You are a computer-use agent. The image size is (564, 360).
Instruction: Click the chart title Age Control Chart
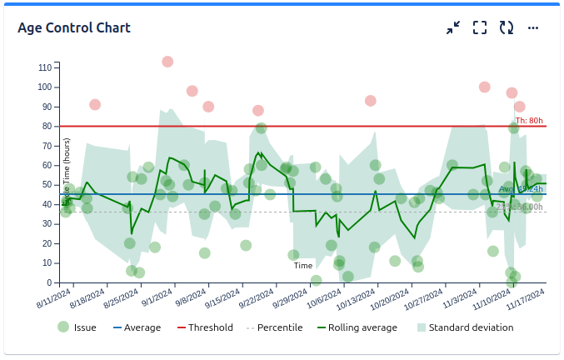[74, 28]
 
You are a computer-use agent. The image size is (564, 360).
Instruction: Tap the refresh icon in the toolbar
[507, 28]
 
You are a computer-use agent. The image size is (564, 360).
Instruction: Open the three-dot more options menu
[533, 28]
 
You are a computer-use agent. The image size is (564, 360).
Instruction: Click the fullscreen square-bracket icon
[480, 28]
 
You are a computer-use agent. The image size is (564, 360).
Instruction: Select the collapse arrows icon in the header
[453, 28]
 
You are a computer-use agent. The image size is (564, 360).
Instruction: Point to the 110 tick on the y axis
[45, 67]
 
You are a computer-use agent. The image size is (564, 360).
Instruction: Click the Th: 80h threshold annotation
[529, 121]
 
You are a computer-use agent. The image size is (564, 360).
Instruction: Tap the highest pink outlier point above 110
[167, 62]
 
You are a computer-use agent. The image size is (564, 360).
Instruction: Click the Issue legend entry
[77, 327]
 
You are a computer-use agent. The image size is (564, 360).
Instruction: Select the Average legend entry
[137, 327]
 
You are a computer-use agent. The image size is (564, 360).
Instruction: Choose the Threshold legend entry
[204, 327]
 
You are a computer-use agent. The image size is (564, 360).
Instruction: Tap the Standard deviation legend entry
[465, 327]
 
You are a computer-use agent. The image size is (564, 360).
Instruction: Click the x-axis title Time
[303, 266]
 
